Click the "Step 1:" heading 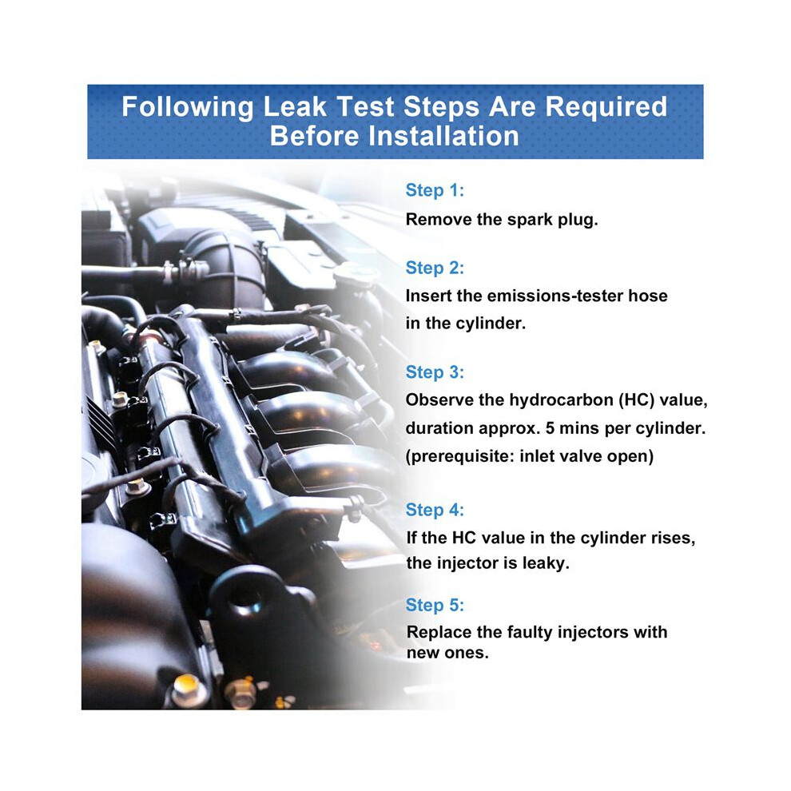[435, 190]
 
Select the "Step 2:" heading [435, 268]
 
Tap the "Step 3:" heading [435, 372]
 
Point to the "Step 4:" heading [435, 510]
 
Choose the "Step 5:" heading [435, 605]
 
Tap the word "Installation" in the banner [443, 136]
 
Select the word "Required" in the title [606, 107]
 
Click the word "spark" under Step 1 [530, 221]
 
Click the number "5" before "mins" [550, 428]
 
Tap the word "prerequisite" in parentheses [460, 457]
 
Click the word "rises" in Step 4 [671, 539]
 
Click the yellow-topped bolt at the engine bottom [187, 689]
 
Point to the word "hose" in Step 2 [648, 296]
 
